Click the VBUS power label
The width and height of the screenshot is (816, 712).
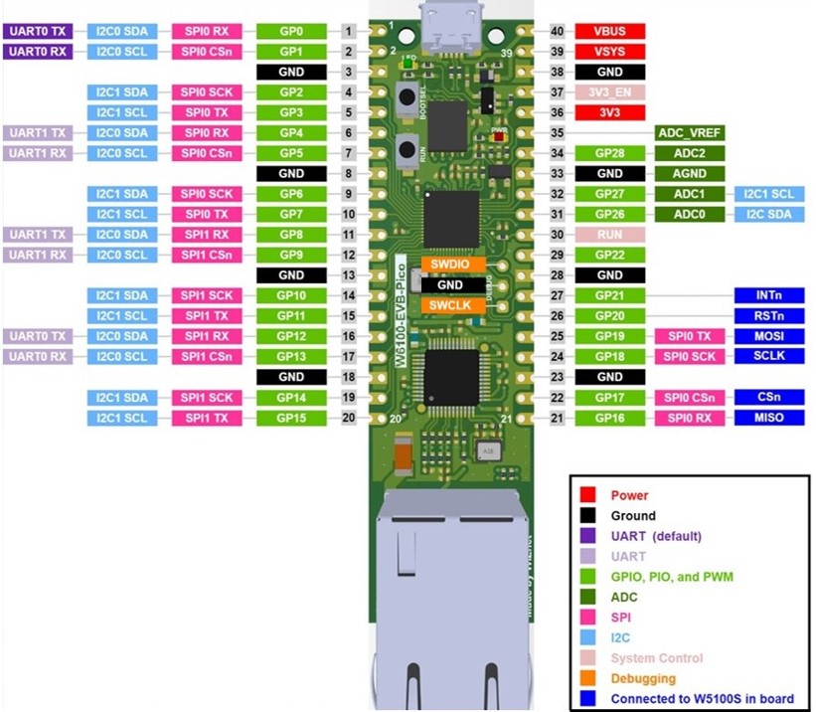click(609, 31)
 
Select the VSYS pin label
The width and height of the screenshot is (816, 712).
click(609, 51)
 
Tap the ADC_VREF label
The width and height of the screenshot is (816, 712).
click(690, 132)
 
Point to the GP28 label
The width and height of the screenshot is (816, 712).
click(609, 153)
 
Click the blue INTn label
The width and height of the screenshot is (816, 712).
click(766, 295)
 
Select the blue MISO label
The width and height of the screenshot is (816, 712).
click(766, 418)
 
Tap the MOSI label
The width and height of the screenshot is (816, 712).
click(766, 336)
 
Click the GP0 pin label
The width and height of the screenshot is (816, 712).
click(291, 31)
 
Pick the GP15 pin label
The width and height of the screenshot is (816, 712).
click(291, 418)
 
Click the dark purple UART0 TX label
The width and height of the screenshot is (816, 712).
click(39, 31)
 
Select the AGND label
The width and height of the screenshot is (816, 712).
click(690, 173)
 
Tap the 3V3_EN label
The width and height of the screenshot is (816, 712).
click(609, 91)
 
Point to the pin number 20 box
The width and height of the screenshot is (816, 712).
click(348, 418)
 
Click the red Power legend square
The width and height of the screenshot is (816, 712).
click(588, 494)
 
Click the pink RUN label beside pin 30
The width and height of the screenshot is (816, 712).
click(609, 235)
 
